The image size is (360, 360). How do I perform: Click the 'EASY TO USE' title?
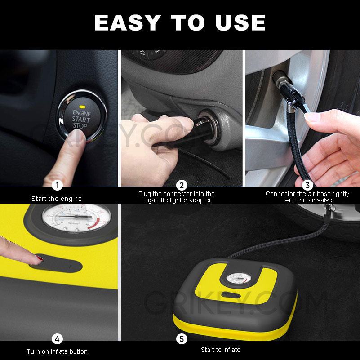coord(180,22)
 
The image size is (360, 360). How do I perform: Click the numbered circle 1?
coord(57,185)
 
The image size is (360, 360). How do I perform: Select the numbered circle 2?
coord(182,185)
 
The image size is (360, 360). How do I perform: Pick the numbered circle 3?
coord(307,185)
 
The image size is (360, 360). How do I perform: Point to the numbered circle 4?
coord(57,339)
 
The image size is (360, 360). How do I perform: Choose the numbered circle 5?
coord(182,339)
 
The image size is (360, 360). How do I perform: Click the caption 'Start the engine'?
coord(57,198)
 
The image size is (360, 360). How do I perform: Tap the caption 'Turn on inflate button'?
coord(57,351)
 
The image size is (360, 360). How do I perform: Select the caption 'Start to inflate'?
coord(220,350)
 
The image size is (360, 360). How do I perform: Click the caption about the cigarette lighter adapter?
coord(177,197)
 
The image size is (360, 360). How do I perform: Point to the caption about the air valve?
coord(307,197)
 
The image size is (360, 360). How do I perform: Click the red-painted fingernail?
coord(40,258)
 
